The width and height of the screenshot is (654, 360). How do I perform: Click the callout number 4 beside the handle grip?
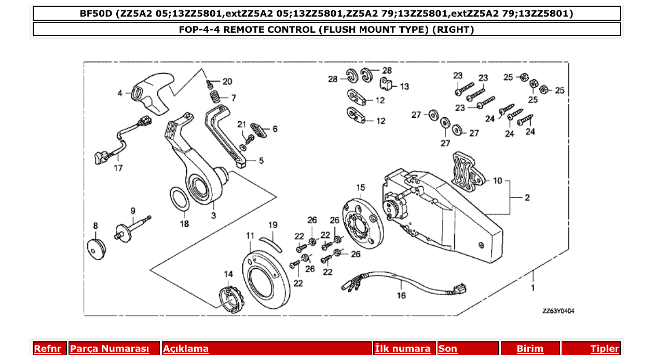120,93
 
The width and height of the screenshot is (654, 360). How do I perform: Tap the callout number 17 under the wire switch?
118,168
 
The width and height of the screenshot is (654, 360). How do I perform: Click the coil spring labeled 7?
215,97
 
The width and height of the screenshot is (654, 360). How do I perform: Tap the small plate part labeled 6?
258,129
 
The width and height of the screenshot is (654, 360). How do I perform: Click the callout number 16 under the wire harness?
401,296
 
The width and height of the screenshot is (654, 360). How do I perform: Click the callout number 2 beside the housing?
526,198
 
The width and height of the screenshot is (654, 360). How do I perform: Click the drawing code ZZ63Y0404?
558,311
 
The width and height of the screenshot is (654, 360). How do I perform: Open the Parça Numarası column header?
109,349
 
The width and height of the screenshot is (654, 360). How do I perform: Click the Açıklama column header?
186,349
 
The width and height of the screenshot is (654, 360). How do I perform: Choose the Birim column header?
529,349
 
